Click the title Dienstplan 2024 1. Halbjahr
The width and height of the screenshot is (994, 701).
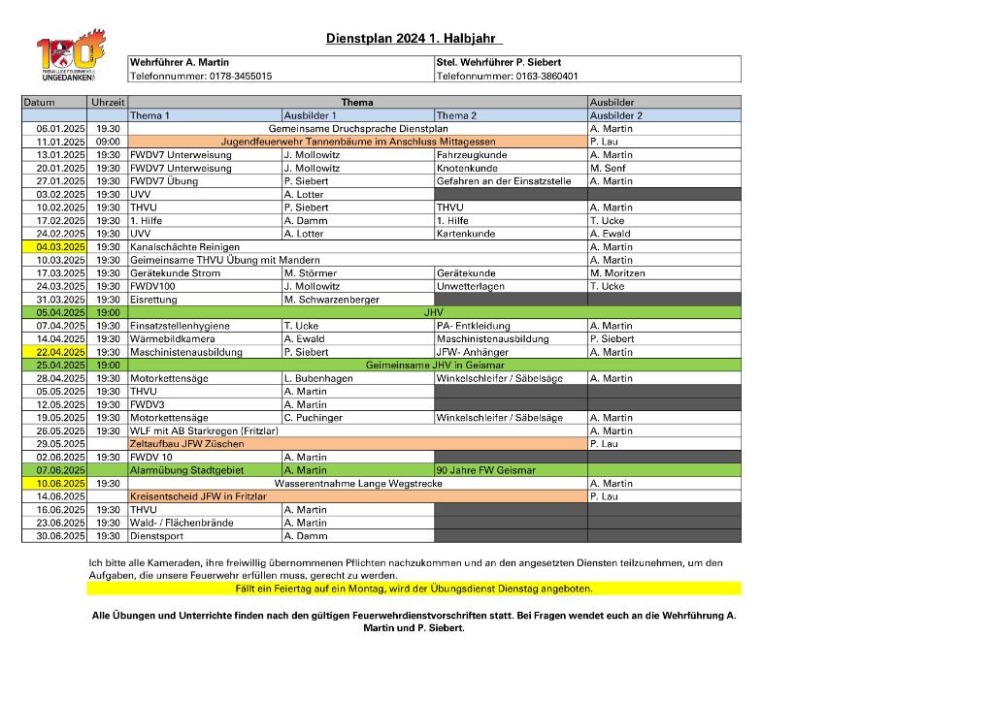pos(411,39)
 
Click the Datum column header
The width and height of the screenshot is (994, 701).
pos(40,102)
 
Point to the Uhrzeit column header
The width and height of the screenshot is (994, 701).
pos(108,102)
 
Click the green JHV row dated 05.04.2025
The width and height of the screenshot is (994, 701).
pos(433,312)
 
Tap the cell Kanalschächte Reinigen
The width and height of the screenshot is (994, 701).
pos(184,247)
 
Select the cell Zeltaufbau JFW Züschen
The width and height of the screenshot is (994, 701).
pos(186,444)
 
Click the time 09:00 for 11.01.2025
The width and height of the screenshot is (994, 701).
pos(108,142)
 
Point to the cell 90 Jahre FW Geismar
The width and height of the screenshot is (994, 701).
pos(486,470)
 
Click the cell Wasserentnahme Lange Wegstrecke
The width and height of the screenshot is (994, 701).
pos(358,483)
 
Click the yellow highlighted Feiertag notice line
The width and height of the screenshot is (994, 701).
pos(414,589)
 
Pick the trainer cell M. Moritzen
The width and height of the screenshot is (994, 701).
pos(617,273)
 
